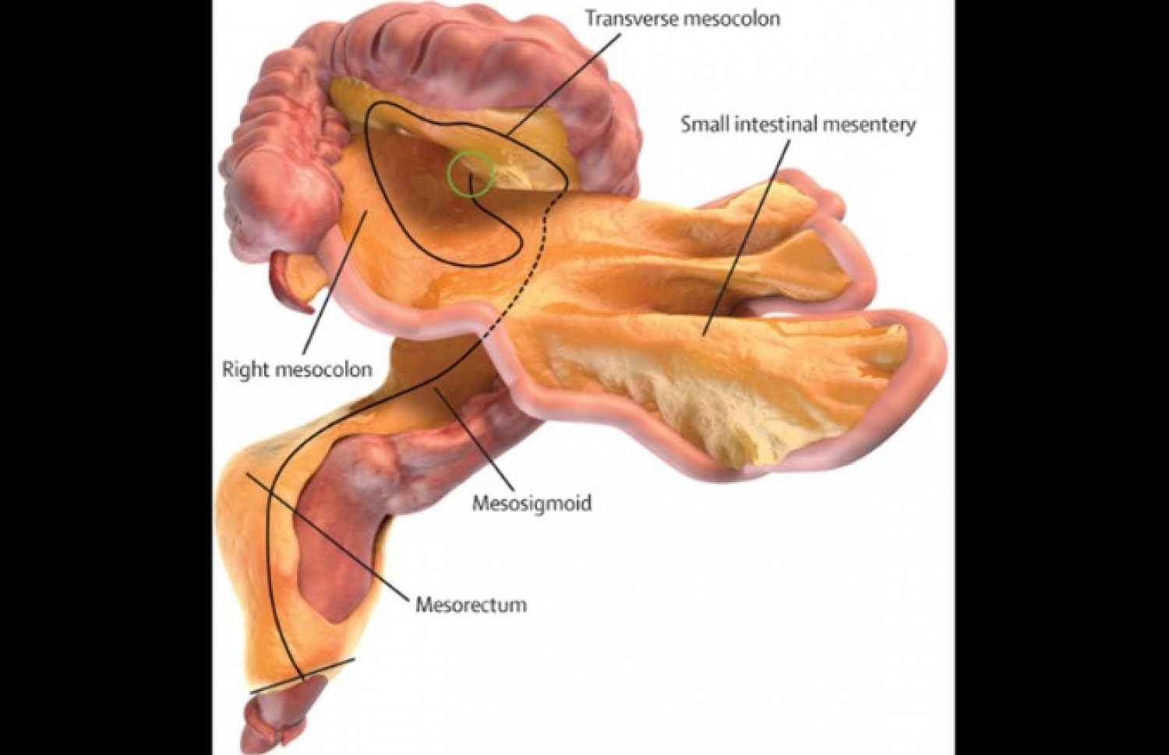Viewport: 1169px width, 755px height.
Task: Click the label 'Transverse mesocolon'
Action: tap(682, 19)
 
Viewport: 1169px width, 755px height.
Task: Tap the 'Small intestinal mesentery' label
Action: tap(798, 125)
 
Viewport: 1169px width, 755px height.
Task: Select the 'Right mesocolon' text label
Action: tap(297, 369)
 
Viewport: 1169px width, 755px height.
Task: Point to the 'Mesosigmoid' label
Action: tap(532, 502)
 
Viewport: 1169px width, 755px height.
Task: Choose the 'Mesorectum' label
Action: tap(471, 604)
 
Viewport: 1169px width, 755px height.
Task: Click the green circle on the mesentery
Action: tap(470, 173)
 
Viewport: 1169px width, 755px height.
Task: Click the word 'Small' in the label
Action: tap(701, 125)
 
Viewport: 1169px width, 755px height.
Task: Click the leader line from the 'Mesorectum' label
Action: tap(327, 537)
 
